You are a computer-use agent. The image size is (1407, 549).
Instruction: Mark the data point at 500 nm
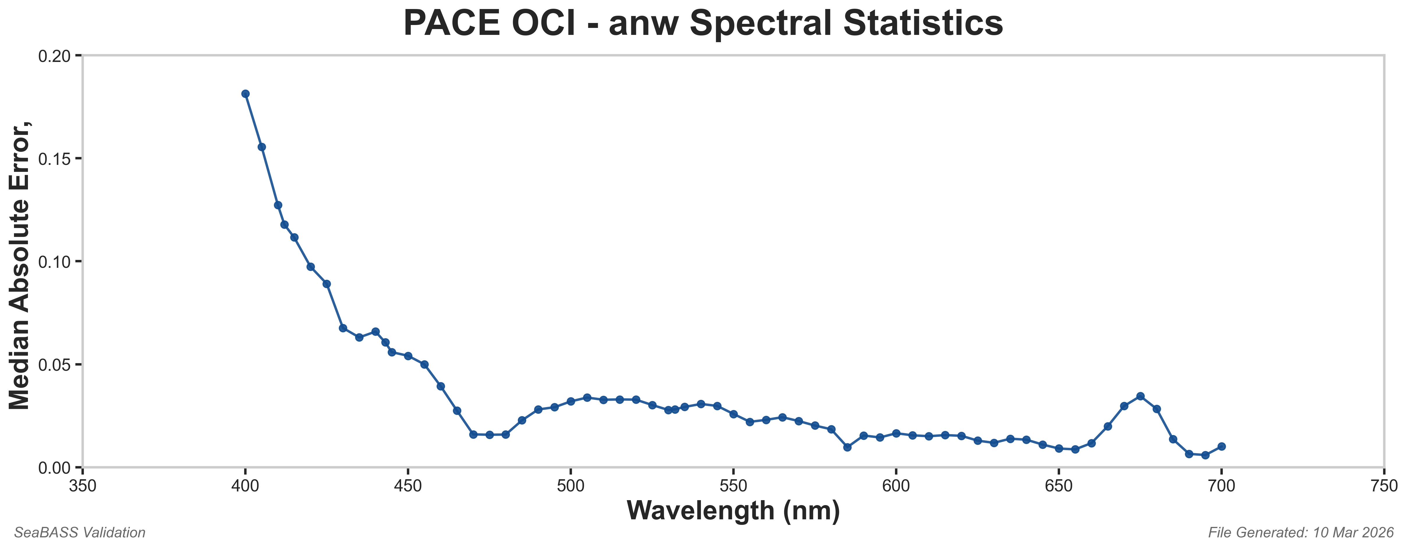click(571, 401)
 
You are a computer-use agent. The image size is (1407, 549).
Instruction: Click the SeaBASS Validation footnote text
click(80, 533)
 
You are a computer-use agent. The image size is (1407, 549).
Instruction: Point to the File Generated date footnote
click(1301, 533)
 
